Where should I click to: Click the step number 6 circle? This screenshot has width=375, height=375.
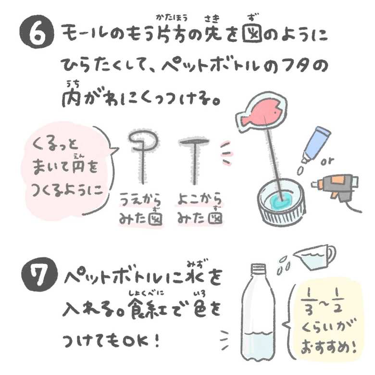coord(37,34)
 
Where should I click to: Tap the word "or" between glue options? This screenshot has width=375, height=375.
coord(328,162)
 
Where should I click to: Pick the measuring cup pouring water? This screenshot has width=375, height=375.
coord(315,258)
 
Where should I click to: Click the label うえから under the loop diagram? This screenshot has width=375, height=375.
coord(140,199)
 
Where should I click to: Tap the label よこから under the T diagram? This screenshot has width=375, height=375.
coord(200,198)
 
